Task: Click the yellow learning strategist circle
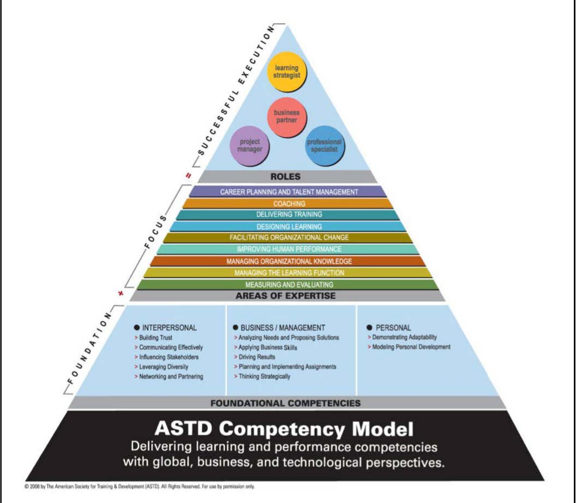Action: coord(287,72)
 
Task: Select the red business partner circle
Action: coord(287,117)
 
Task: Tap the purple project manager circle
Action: coord(250,146)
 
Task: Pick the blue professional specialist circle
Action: coord(324,146)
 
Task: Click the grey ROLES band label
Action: coord(285,176)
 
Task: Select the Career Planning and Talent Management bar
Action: coord(289,192)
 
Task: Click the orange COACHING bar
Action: coord(289,204)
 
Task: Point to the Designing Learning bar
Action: coord(289,227)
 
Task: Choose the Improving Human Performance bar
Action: coord(289,249)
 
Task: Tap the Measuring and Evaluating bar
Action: coord(289,284)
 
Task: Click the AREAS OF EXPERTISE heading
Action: coord(285,296)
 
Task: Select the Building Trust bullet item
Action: coord(155,338)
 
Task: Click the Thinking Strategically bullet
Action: coord(264,377)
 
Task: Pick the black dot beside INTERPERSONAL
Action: coord(137,328)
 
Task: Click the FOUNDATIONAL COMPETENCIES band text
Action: coord(285,403)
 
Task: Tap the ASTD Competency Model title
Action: coord(284,428)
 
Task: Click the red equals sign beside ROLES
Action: coord(189,175)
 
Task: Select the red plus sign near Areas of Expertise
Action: coord(121,293)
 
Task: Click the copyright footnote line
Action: coord(139,487)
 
